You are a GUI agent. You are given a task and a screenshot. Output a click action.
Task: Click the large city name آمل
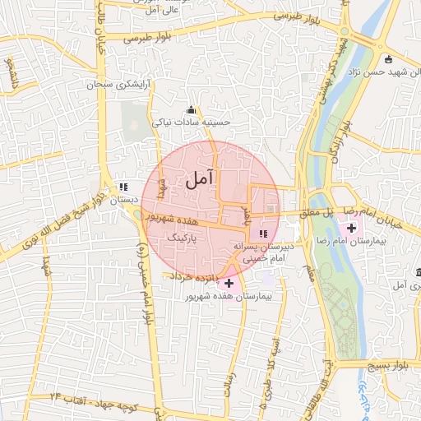[200, 177]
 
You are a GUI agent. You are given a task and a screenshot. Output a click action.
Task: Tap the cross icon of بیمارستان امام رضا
[352, 228]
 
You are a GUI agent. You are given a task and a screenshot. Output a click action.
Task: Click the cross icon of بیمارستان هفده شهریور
[229, 283]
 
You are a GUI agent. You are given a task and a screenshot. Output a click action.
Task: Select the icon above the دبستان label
[123, 187]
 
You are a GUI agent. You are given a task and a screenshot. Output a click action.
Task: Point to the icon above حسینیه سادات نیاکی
[192, 110]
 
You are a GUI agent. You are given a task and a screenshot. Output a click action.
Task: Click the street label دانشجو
[10, 75]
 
